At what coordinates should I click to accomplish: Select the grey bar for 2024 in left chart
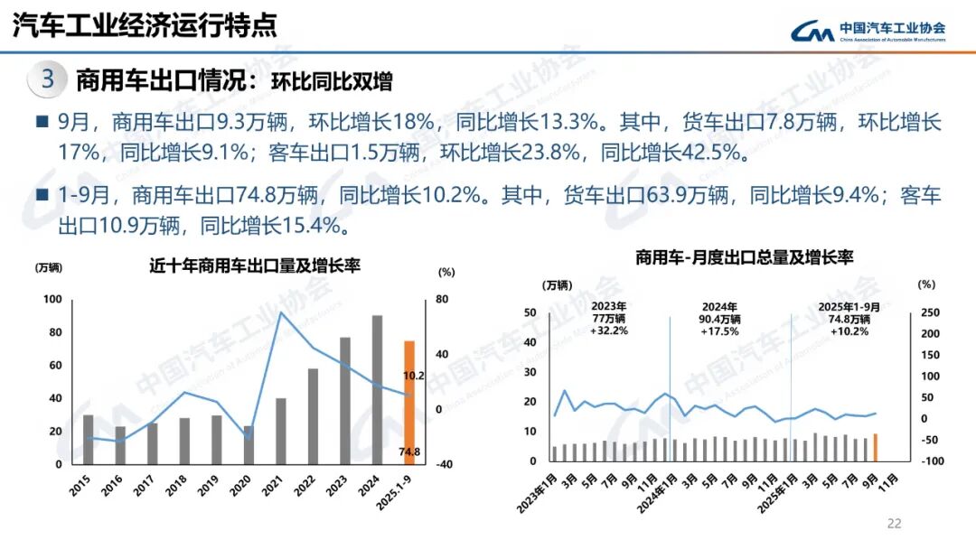pyautogui.click(x=377, y=389)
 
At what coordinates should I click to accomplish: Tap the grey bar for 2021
pyautogui.click(x=281, y=431)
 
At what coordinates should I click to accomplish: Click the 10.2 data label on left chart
pyautogui.click(x=413, y=375)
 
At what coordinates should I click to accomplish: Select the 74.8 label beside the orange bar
pyautogui.click(x=409, y=452)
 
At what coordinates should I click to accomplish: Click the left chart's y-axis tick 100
pyautogui.click(x=53, y=300)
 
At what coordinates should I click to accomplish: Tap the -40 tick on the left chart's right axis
pyautogui.click(x=443, y=464)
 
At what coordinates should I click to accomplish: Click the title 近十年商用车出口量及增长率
pyautogui.click(x=255, y=266)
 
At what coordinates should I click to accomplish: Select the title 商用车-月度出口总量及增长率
pyautogui.click(x=744, y=258)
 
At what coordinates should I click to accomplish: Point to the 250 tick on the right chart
pyautogui.click(x=930, y=313)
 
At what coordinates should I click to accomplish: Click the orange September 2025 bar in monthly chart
pyautogui.click(x=875, y=447)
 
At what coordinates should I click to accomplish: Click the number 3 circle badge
pyautogui.click(x=48, y=79)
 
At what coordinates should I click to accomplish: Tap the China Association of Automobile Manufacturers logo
pyautogui.click(x=868, y=33)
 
